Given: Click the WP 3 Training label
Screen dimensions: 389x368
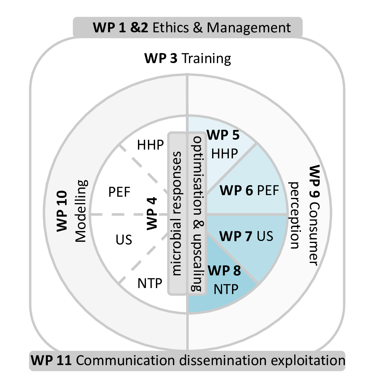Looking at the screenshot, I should click(x=187, y=59).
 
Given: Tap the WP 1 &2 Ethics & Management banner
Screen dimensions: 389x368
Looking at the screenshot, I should click(x=188, y=28).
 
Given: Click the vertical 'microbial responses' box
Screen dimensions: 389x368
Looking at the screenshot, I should click(x=177, y=213).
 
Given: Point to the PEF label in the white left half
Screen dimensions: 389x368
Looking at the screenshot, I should click(x=120, y=192).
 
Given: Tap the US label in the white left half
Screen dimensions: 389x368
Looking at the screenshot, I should click(x=124, y=240).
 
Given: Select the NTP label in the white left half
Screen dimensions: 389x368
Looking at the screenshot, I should click(x=150, y=284).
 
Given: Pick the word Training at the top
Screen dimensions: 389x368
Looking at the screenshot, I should click(x=207, y=59).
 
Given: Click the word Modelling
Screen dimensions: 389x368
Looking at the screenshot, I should click(x=81, y=211).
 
